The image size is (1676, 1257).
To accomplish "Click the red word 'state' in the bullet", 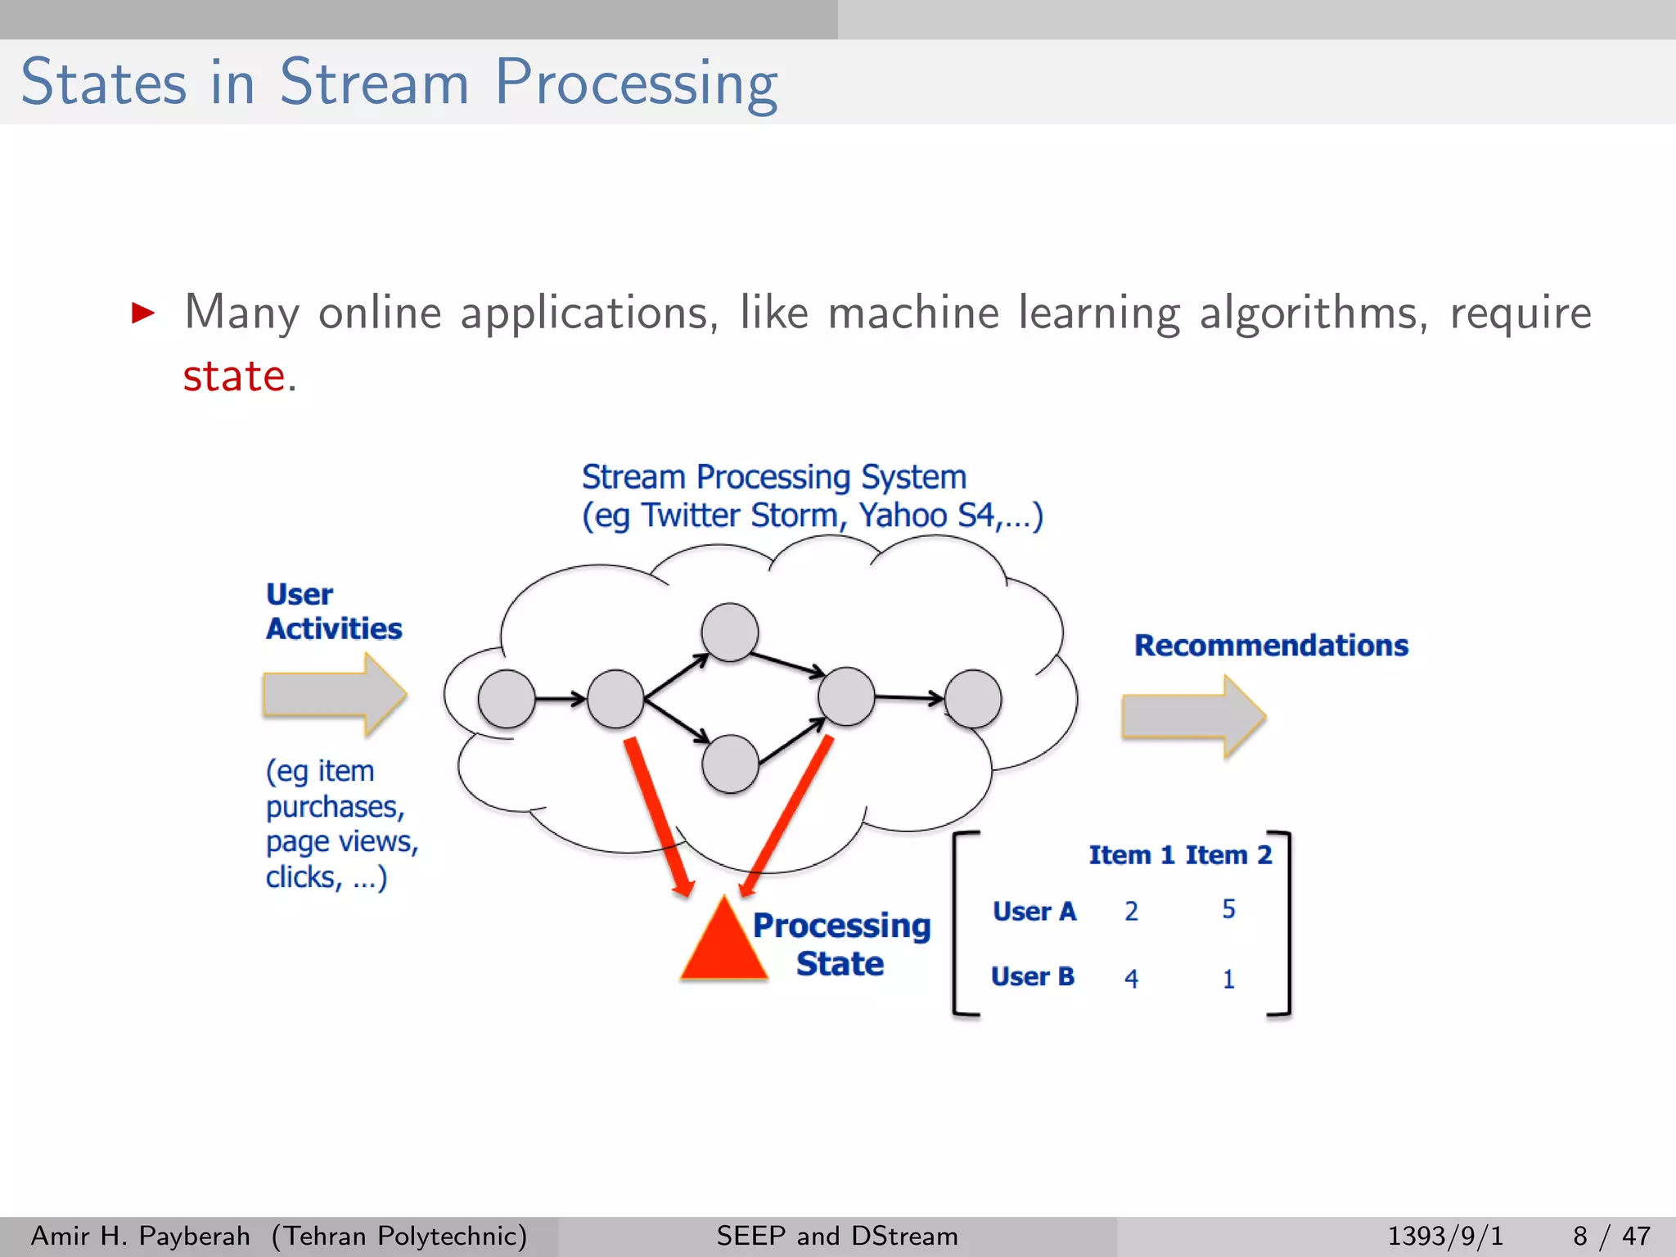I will tap(233, 377).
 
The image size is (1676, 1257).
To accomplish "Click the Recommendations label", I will tap(1271, 646).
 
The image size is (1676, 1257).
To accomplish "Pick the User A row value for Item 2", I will tap(1228, 909).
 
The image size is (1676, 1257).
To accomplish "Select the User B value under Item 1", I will tap(1131, 978).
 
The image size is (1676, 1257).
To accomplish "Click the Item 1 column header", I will tap(1131, 855).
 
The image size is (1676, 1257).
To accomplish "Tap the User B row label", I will tap(1032, 977).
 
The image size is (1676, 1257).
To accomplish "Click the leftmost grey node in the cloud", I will tap(507, 699).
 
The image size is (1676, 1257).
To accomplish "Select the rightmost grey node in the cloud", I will tap(972, 699).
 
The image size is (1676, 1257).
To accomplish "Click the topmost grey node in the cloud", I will tap(730, 632).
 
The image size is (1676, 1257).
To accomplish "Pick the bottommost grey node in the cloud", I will tap(730, 764).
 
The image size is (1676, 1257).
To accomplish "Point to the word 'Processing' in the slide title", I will tap(636, 83).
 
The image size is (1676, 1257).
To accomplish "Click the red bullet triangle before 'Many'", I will tap(143, 313).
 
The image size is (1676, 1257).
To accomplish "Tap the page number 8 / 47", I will tap(1611, 1236).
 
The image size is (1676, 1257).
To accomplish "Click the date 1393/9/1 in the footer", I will tap(1445, 1236).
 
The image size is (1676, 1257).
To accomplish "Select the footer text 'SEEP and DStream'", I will tap(837, 1236).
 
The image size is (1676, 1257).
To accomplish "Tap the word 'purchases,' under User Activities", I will tap(336, 807).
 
